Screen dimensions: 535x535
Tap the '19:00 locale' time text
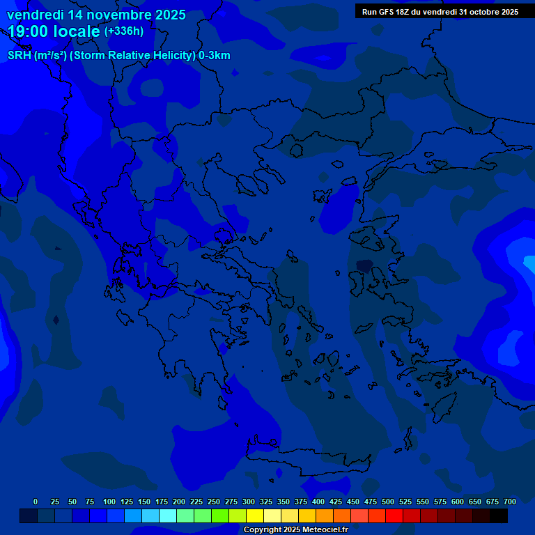tap(54, 31)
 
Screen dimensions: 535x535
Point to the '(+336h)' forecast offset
tap(123, 31)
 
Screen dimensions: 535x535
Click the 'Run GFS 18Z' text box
tap(440, 12)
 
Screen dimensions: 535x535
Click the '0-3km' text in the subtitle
tap(215, 56)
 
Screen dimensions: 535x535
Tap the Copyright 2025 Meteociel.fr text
tap(296, 529)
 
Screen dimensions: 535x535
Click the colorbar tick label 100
tap(109, 502)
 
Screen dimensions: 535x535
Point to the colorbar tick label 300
tap(249, 502)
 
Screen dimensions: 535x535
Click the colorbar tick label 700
tap(509, 502)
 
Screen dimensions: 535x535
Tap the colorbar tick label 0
tap(36, 502)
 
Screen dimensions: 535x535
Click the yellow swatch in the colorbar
tap(254, 515)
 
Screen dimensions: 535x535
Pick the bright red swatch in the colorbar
tap(394, 515)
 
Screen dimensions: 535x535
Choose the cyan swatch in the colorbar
tap(167, 515)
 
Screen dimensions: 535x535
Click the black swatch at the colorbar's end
tap(498, 515)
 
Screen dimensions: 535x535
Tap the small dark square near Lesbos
tap(364, 265)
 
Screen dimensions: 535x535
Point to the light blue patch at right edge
tap(529, 263)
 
